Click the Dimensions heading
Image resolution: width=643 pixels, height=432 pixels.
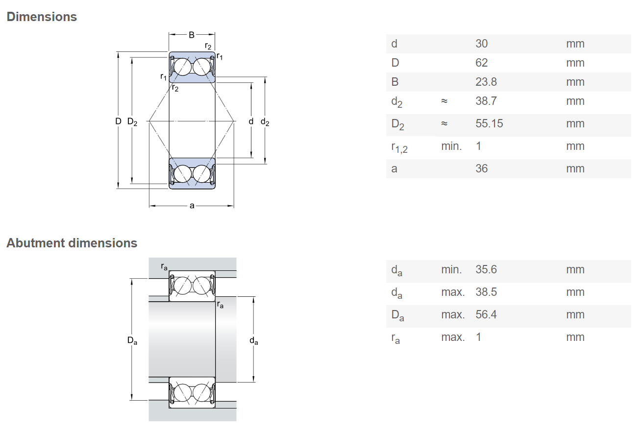(x=42, y=17)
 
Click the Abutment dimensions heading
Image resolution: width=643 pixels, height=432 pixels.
(x=72, y=243)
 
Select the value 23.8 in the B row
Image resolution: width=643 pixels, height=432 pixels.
(x=486, y=82)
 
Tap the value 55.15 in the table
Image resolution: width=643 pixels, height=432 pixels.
(x=489, y=123)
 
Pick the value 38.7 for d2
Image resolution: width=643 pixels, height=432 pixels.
(x=486, y=101)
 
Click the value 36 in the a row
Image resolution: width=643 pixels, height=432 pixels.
(x=481, y=168)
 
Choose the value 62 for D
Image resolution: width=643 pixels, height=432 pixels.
(x=481, y=63)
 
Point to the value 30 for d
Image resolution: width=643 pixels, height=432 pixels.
(x=481, y=44)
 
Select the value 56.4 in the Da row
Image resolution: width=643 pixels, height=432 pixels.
(x=486, y=314)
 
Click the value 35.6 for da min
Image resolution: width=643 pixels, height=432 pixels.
(x=486, y=269)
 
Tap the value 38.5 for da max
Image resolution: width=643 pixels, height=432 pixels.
(x=486, y=292)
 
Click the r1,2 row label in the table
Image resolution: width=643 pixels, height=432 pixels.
(x=399, y=147)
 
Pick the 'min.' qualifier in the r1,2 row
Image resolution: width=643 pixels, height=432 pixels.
(x=451, y=146)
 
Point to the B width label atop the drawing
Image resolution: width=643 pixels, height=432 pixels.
(x=192, y=35)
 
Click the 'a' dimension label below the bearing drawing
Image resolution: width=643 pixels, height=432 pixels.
(x=192, y=206)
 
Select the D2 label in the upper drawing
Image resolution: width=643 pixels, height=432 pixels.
(x=132, y=121)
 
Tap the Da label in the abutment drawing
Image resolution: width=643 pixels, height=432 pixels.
(x=132, y=340)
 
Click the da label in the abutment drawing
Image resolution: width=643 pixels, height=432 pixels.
(x=254, y=341)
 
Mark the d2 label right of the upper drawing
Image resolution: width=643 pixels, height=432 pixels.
(x=265, y=122)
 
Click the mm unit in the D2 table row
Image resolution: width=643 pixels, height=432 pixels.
(x=575, y=123)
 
